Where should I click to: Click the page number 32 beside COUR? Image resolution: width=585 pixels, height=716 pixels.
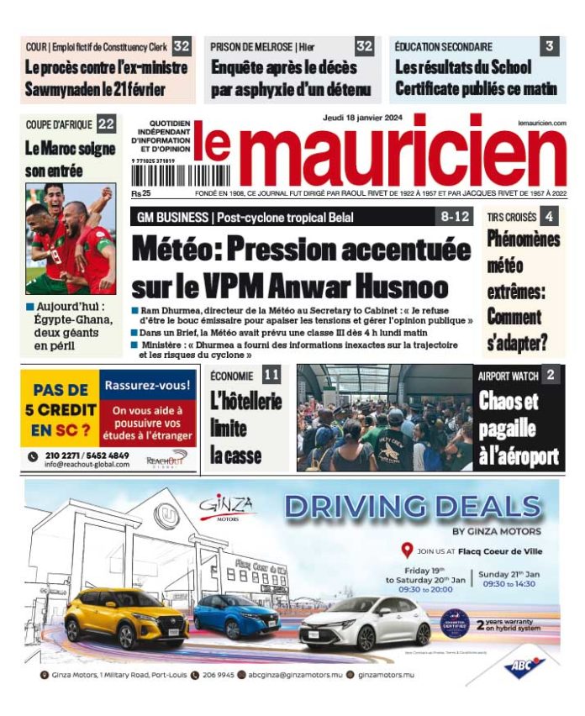click(181, 46)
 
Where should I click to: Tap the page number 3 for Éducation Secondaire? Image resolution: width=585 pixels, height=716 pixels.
click(549, 46)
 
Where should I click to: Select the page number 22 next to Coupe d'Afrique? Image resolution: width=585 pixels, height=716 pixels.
click(106, 124)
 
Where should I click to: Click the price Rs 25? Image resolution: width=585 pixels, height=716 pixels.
click(140, 192)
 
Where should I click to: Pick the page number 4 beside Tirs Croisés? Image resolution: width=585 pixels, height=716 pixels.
click(549, 217)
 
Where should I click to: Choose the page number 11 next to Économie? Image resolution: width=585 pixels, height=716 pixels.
click(271, 375)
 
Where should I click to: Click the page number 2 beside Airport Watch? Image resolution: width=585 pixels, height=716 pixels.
click(550, 375)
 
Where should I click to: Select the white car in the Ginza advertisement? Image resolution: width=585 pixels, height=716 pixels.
click(366, 623)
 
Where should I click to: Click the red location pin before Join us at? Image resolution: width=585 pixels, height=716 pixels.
click(408, 550)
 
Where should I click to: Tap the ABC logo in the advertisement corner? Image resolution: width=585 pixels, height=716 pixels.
click(524, 665)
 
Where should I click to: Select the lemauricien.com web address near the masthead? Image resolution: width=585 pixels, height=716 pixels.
click(542, 123)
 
